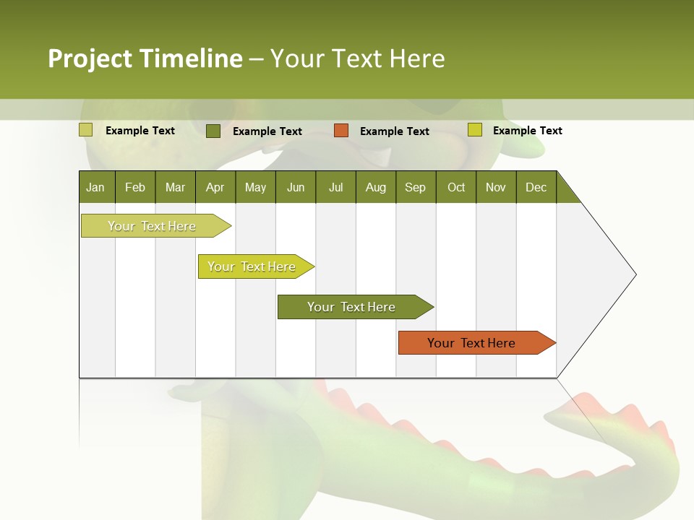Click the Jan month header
(96, 187)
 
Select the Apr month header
(215, 187)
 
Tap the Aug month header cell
(376, 187)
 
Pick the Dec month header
(536, 187)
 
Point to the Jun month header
(296, 187)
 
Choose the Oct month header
(456, 187)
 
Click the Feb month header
(135, 187)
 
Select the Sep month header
(416, 187)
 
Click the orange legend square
(341, 131)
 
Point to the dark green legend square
(213, 131)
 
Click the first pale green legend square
(86, 130)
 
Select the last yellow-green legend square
(475, 130)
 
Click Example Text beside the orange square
(395, 131)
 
